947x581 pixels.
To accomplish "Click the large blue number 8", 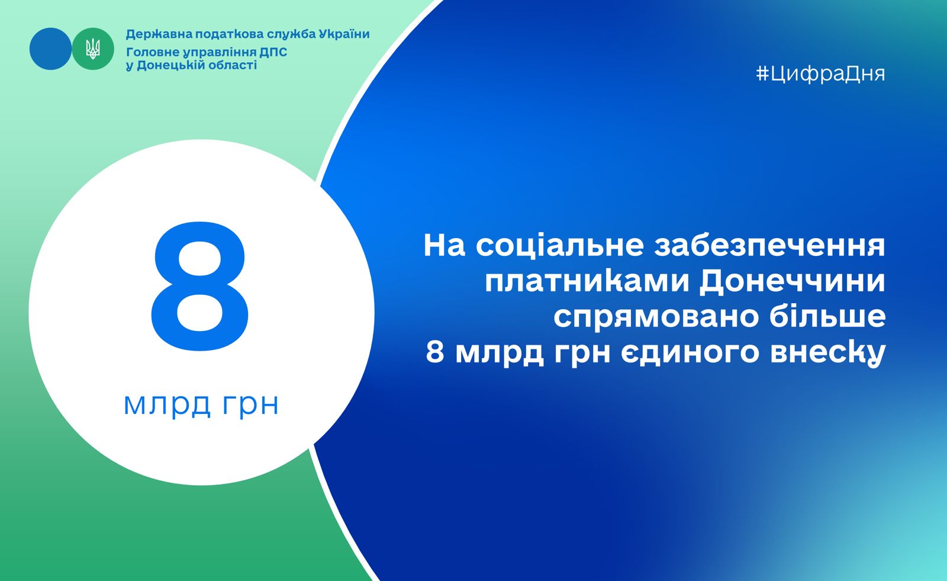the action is [200, 287].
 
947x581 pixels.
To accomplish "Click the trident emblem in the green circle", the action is [93, 49].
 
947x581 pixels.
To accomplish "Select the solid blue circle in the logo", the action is [50, 49].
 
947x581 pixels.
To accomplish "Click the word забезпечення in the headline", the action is [770, 245].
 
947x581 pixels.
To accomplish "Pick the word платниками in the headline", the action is [587, 282].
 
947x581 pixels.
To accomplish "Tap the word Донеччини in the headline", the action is [793, 282].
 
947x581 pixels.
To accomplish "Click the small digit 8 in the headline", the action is [435, 352].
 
